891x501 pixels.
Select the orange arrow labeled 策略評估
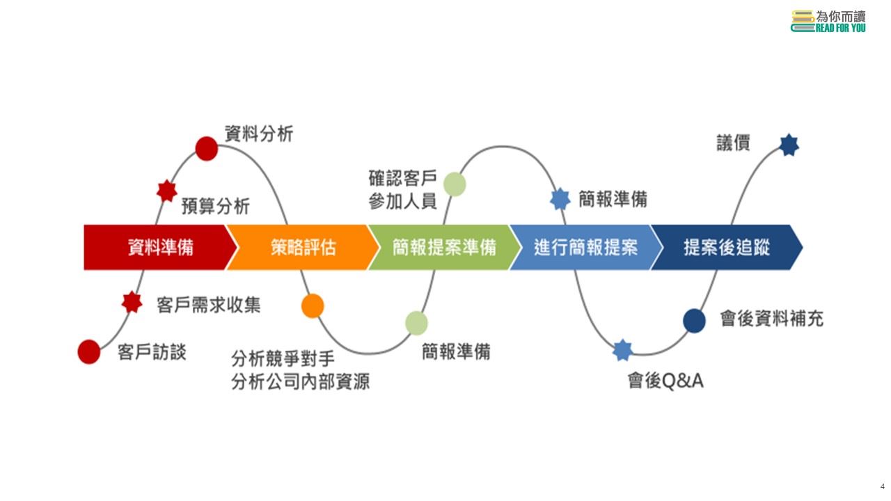302,248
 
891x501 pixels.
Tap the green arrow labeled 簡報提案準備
444,248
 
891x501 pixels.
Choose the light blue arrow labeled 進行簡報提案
585,248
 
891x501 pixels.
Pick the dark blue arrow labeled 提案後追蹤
727,248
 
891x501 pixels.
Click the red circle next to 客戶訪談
89,352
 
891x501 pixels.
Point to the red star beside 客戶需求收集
132,302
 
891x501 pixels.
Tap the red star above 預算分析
166,191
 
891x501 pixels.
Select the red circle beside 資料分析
207,149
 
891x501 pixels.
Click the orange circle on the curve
313,305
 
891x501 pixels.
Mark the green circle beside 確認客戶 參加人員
455,184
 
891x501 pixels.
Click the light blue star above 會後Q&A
622,350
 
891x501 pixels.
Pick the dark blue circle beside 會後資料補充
694,321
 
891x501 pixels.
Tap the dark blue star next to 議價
789,145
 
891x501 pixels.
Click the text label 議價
733,143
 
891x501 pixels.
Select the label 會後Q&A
665,381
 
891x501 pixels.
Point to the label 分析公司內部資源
300,381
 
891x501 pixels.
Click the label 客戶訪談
152,352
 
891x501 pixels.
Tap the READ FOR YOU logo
828,21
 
